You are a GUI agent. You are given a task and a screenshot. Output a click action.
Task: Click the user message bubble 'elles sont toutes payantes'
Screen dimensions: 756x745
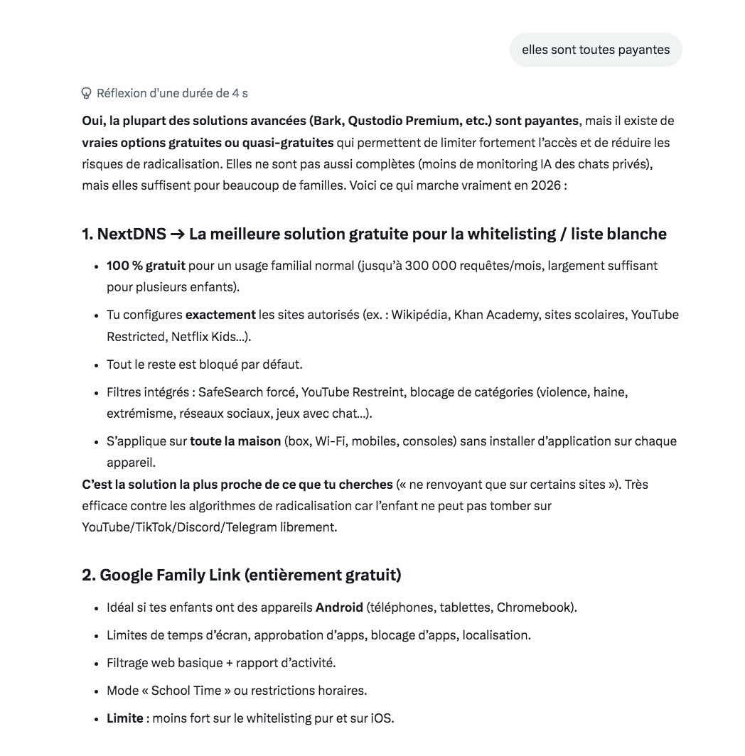point(596,50)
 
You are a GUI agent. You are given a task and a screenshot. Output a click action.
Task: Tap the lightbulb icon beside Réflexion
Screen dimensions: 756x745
point(87,93)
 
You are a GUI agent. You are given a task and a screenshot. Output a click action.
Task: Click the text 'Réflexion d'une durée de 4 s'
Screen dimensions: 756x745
point(172,93)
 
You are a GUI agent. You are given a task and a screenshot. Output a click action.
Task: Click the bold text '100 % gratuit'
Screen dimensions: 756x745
point(146,266)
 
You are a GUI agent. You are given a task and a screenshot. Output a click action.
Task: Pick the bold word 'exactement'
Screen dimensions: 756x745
point(220,315)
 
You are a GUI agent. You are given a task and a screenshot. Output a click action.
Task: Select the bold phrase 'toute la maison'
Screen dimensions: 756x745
point(235,441)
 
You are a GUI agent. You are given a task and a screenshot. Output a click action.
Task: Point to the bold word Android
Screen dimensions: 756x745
point(339,608)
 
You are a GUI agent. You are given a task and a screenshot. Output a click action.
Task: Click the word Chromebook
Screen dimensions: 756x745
point(535,608)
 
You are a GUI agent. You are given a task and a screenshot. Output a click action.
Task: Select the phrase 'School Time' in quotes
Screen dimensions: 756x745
point(186,691)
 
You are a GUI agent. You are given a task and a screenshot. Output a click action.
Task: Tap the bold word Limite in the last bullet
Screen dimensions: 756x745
point(125,718)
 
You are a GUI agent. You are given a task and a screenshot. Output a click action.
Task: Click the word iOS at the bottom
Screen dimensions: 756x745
point(380,718)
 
